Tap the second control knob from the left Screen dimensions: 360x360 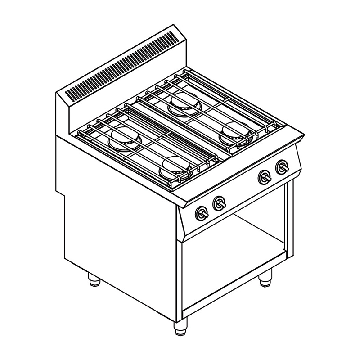click(x=219, y=203)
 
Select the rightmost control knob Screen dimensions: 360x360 click(x=282, y=167)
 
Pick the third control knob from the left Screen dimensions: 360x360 click(x=264, y=177)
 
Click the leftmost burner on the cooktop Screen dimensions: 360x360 click(x=125, y=138)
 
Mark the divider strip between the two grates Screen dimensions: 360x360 click(x=180, y=130)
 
